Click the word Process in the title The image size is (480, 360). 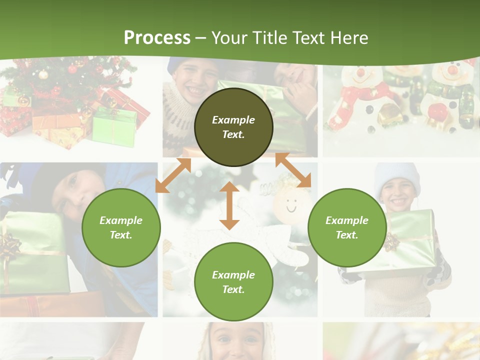point(157,38)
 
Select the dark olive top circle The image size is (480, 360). point(233,127)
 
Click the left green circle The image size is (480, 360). point(121,227)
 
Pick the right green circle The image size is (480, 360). point(347,227)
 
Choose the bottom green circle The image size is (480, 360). point(233,282)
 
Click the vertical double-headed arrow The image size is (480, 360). point(229,205)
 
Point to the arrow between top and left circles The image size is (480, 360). point(173,175)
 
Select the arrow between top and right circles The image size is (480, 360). point(293,170)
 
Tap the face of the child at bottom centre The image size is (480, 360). point(233,342)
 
